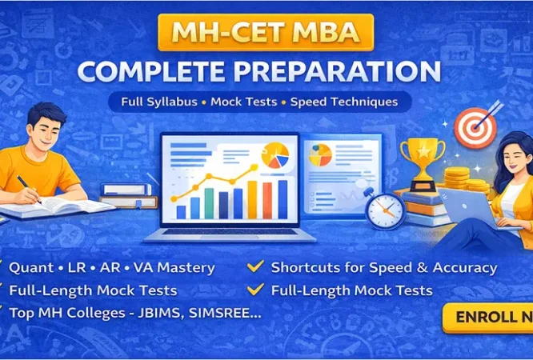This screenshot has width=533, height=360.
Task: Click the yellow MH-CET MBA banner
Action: pos(266,34)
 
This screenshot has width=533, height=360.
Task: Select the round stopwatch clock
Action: pos(384,210)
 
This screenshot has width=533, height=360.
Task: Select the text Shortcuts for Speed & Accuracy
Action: pos(383,268)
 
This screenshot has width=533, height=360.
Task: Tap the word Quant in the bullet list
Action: pos(30,268)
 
